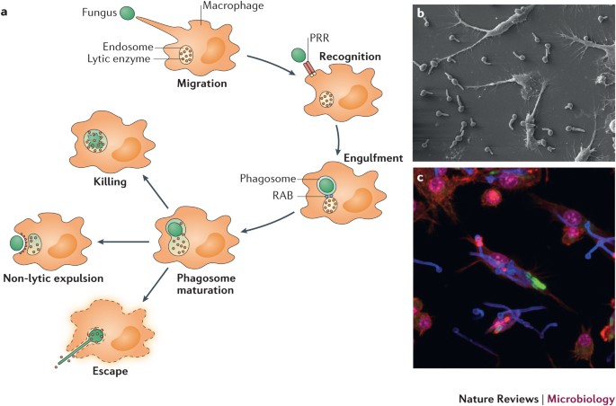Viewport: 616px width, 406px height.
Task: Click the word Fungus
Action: (100, 13)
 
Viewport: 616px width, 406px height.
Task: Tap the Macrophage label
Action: (233, 5)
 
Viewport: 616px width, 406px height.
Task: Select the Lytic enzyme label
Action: (119, 59)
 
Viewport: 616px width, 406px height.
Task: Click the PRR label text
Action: (320, 38)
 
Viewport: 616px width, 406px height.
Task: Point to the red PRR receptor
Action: (309, 68)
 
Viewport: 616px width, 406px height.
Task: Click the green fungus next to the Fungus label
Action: (127, 13)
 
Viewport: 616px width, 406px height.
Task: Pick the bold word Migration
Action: (202, 84)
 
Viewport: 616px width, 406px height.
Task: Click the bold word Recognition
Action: (350, 57)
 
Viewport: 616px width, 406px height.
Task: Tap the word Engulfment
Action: (373, 158)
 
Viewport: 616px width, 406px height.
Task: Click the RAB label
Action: (282, 195)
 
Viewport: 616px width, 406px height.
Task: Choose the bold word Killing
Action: (110, 182)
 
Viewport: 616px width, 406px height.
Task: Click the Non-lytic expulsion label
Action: (53, 278)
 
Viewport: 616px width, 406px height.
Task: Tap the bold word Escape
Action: (111, 371)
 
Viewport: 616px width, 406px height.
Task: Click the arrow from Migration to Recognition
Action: (272, 65)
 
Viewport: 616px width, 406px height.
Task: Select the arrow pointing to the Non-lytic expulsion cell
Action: (123, 242)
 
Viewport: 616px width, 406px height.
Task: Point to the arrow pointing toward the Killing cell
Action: (156, 192)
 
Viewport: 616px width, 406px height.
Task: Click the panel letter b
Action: (421, 13)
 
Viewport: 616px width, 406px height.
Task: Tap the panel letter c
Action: (420, 178)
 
